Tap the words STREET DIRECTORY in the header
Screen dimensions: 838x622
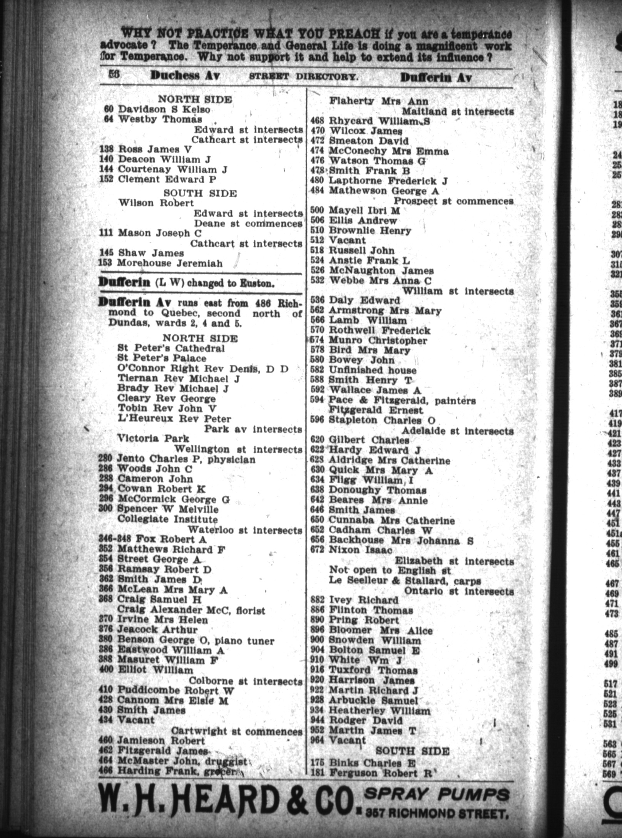(304, 76)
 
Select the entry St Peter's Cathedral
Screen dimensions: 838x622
(171, 348)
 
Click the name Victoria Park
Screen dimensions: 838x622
(153, 439)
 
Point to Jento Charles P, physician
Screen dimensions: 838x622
(186, 459)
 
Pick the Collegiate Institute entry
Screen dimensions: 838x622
(167, 519)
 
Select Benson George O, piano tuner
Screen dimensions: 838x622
(196, 641)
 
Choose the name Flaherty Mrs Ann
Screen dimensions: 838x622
(379, 101)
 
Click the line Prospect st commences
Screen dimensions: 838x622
(453, 201)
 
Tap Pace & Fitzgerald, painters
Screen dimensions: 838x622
(402, 401)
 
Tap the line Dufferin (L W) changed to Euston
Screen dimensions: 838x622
(187, 283)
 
